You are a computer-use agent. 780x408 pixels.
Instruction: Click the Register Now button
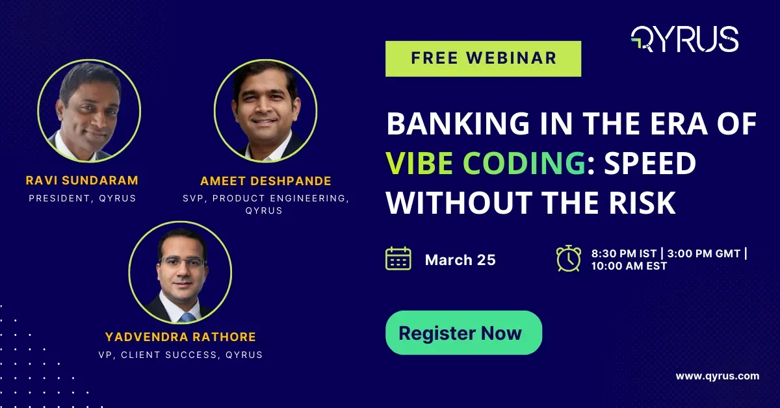(463, 333)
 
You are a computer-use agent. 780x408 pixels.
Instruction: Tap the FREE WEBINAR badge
(483, 58)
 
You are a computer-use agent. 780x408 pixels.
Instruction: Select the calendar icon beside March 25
(398, 259)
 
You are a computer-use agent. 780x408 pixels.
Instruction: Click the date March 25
(460, 260)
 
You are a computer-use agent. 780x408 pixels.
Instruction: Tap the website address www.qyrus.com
(717, 376)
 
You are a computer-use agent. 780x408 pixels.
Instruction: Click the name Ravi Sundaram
(83, 179)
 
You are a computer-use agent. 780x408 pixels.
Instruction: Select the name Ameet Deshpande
(266, 181)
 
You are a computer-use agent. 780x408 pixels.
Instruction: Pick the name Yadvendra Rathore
(180, 337)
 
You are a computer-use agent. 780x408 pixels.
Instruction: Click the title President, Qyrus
(83, 198)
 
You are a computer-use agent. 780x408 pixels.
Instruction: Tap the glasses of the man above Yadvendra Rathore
(181, 263)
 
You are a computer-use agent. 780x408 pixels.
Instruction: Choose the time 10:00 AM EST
(629, 266)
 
